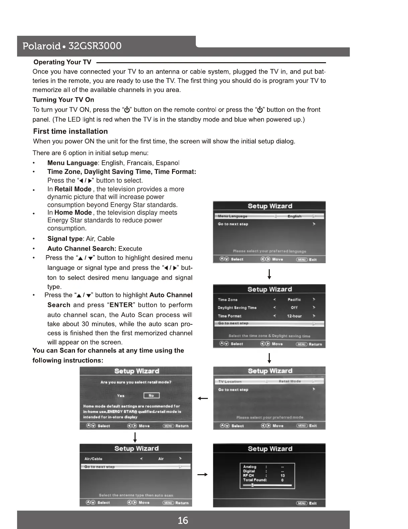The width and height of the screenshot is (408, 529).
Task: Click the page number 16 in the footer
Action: click(x=183, y=520)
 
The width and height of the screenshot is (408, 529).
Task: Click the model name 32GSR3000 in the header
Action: click(x=95, y=46)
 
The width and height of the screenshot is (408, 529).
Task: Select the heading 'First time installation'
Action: click(x=70, y=131)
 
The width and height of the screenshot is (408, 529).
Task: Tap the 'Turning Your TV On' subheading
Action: click(x=63, y=100)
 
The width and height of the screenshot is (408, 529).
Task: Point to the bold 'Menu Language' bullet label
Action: click(x=72, y=163)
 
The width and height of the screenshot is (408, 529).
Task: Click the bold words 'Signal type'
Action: click(x=65, y=239)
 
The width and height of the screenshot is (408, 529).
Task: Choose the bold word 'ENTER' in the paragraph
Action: click(x=121, y=305)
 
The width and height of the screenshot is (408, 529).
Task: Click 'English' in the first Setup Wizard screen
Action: click(x=294, y=216)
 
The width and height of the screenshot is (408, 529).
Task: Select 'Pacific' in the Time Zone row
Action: click(x=294, y=300)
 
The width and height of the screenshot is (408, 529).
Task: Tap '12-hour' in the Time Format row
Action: click(x=294, y=316)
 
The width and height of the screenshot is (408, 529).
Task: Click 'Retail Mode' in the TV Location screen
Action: click(x=290, y=381)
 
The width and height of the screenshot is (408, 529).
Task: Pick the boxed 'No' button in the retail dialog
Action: click(x=151, y=396)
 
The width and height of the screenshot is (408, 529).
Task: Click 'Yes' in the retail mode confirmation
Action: click(x=121, y=396)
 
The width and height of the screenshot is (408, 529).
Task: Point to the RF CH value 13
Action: click(x=282, y=475)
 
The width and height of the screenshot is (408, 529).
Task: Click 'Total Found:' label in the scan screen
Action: click(x=255, y=480)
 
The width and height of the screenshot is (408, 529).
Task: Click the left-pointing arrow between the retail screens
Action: click(x=203, y=398)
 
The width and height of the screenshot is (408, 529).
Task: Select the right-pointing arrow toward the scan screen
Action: click(x=203, y=474)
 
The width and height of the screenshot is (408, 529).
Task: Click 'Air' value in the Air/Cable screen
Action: click(x=161, y=459)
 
